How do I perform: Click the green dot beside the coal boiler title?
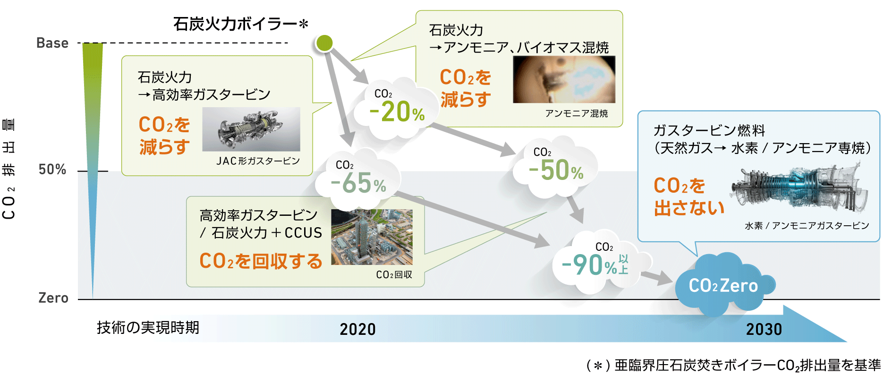click(x=324, y=43)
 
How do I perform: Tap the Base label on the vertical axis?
click(x=52, y=43)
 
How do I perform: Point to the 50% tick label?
click(x=52, y=170)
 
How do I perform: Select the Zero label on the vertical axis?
click(x=53, y=298)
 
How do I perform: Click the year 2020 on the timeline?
click(x=357, y=329)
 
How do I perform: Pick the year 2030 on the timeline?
click(x=764, y=329)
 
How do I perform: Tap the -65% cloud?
click(x=358, y=179)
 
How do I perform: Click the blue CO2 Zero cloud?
click(x=723, y=285)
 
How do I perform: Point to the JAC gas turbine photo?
click(x=251, y=129)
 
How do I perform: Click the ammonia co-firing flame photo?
click(x=564, y=79)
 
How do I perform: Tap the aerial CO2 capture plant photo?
click(x=372, y=237)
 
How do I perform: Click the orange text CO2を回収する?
click(x=261, y=261)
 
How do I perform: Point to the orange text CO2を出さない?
click(x=689, y=196)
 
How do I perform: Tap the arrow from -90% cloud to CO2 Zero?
click(x=656, y=277)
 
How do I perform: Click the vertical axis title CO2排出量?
click(x=9, y=169)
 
